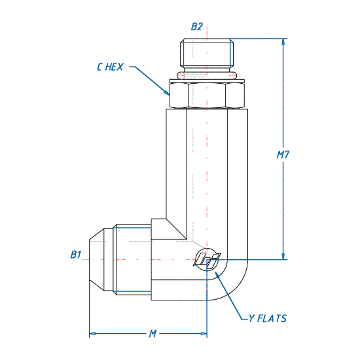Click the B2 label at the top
point(197,27)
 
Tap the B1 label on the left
point(76,255)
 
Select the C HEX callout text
point(110,67)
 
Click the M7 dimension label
point(283,155)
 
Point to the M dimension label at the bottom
point(153,334)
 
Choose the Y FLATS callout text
point(268,319)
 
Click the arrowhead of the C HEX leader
point(167,92)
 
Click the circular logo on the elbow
point(207,260)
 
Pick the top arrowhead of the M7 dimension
point(283,42)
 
